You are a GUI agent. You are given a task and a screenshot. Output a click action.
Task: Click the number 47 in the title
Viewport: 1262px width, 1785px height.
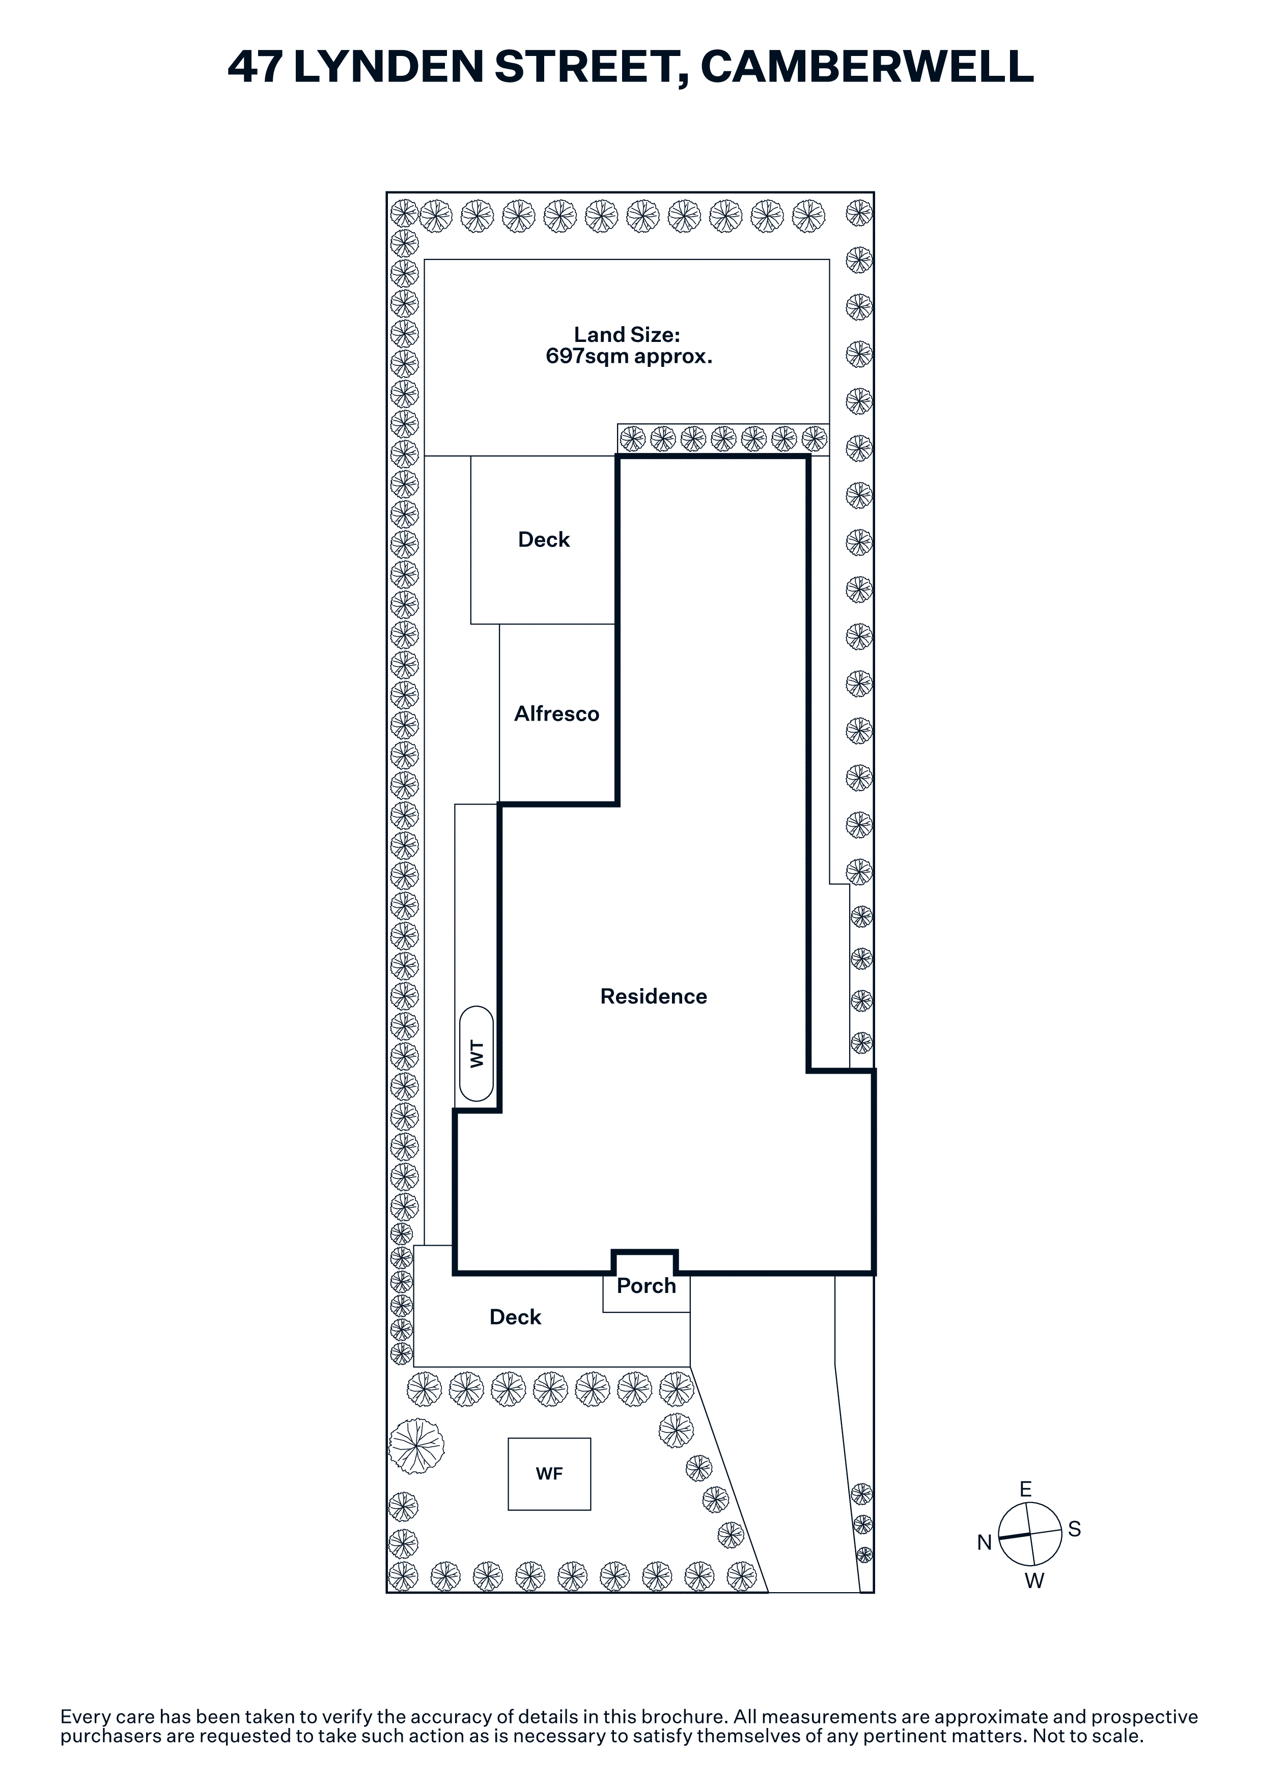coord(254,67)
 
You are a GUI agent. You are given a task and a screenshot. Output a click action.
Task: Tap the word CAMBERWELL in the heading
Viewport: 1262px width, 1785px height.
coord(867,67)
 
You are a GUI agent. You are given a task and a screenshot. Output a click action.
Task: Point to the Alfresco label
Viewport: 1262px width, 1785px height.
coord(557,714)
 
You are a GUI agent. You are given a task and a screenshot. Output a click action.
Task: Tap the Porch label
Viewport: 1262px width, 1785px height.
coord(646,1285)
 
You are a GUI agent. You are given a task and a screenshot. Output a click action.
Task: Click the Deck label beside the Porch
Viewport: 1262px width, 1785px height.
coord(516,1316)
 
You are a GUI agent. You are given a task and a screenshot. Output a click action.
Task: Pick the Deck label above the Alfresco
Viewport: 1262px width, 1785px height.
coord(544,539)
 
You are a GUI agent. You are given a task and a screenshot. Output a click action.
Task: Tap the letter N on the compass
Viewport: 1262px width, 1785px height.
coord(985,1542)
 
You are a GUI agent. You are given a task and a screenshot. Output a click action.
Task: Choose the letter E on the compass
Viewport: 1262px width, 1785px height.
coord(1026,1489)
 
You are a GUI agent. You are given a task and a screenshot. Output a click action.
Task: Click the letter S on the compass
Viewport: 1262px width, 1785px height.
coord(1075,1529)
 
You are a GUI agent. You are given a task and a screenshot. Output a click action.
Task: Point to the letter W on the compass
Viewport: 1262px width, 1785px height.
coord(1034,1580)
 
